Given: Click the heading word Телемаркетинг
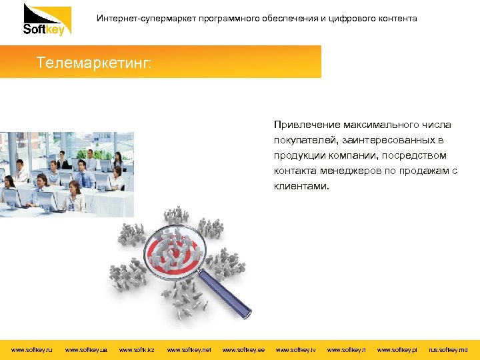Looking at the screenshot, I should pyautogui.click(x=94, y=63).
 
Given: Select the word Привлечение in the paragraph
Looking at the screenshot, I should pyautogui.click(x=306, y=125).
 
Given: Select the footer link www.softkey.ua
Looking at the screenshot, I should pyautogui.click(x=87, y=349).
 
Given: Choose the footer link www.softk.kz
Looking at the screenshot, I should pyautogui.click(x=137, y=349).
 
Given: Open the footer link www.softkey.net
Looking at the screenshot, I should pyautogui.click(x=189, y=349).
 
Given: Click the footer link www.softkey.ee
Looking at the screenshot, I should pyautogui.click(x=243, y=349).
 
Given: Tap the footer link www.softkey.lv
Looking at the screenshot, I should pyautogui.click(x=296, y=349).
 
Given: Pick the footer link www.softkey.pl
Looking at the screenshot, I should pyautogui.click(x=397, y=349).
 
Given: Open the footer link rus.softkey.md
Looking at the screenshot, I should pyautogui.click(x=448, y=349).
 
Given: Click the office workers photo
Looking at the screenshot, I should pyautogui.click(x=67, y=174).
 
